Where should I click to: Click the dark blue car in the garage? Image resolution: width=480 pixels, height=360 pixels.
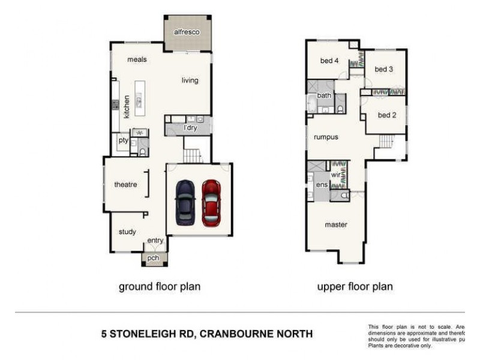click(x=185, y=202)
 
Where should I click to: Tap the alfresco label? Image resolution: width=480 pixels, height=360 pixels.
click(x=186, y=31)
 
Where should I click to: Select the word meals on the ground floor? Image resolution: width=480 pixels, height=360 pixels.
click(x=137, y=59)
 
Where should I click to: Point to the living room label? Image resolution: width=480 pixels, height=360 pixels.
click(x=190, y=80)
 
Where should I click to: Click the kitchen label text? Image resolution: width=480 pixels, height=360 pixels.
click(x=127, y=106)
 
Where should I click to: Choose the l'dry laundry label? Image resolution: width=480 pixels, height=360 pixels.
click(x=190, y=128)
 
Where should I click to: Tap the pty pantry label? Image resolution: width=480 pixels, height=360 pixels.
click(x=123, y=140)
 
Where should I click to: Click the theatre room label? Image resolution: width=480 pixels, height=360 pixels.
click(x=126, y=185)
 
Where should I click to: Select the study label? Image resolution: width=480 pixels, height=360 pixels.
click(x=127, y=232)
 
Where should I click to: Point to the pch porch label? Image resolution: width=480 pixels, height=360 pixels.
click(x=154, y=259)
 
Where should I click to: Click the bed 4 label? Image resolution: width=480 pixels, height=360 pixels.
click(x=329, y=61)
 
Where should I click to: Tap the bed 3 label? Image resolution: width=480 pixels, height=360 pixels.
click(x=384, y=69)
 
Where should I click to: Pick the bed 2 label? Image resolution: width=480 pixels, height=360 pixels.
click(x=386, y=115)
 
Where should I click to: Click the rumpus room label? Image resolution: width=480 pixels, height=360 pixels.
click(x=326, y=137)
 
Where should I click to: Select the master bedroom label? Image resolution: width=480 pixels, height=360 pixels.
click(x=336, y=225)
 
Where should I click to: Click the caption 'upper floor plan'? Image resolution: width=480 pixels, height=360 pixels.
click(x=355, y=287)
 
